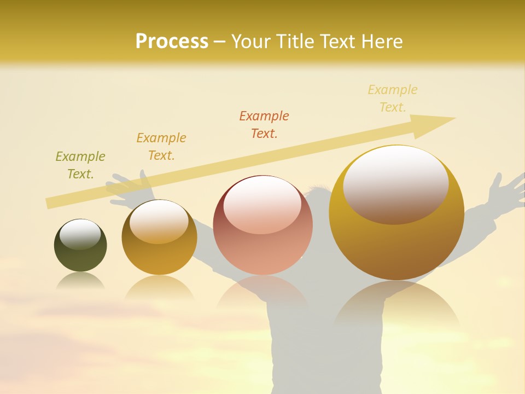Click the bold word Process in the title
coord(172,41)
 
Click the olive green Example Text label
coord(80,165)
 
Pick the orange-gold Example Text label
coord(161,147)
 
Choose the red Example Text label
coord(264,124)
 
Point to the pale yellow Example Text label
coord(393,99)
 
